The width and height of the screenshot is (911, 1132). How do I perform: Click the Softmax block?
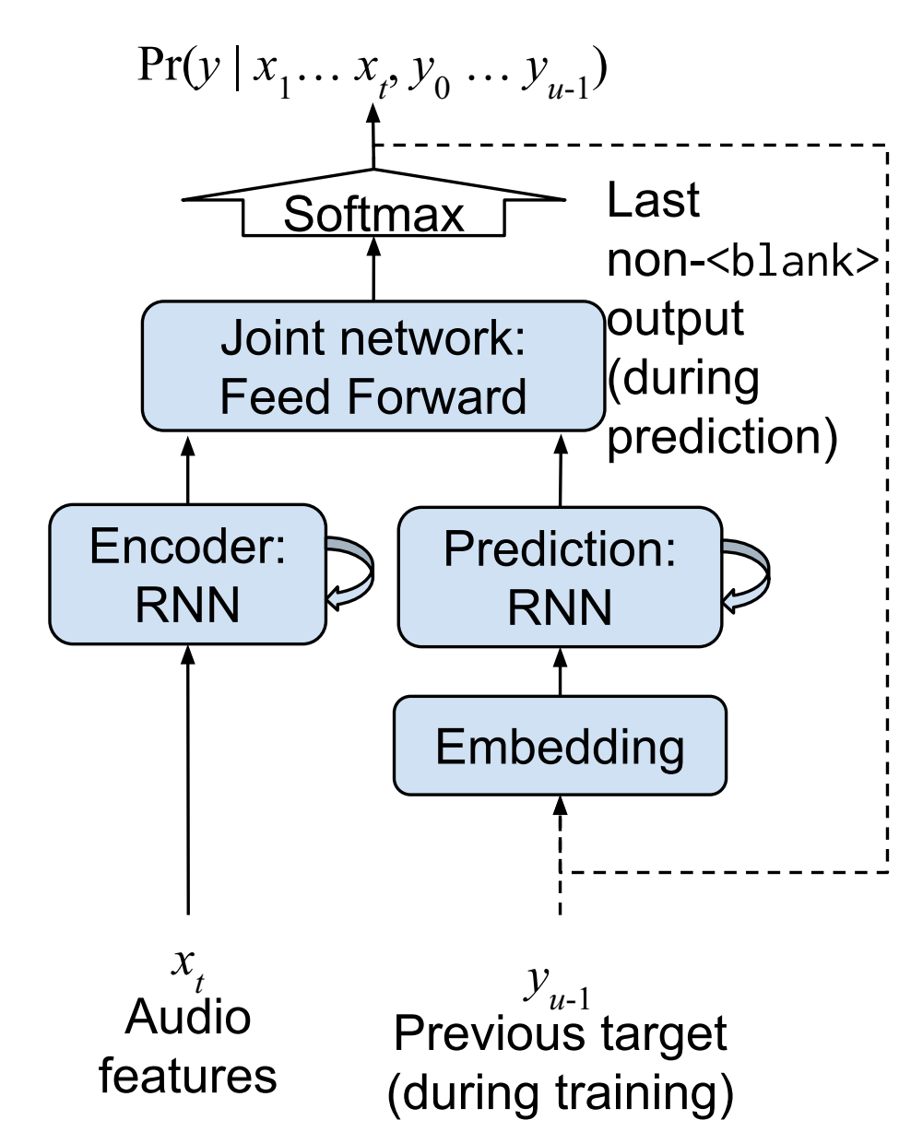click(373, 214)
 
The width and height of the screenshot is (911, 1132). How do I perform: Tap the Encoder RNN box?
click(187, 573)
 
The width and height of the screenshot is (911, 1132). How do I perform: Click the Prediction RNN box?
click(559, 575)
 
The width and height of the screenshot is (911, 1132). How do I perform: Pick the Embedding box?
click(559, 746)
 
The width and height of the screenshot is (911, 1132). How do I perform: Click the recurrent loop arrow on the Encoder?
click(351, 573)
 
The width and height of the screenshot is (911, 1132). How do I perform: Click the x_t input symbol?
click(187, 964)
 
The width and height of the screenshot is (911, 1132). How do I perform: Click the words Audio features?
click(187, 1046)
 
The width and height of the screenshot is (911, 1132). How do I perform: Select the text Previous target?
click(560, 1034)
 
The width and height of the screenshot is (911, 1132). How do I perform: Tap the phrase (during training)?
click(560, 1091)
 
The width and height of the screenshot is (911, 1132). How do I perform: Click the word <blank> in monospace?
click(795, 263)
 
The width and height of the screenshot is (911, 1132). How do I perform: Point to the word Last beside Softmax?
click(653, 200)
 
